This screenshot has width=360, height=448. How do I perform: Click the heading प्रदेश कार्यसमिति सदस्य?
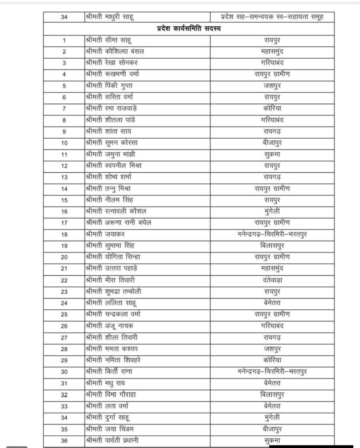point(189,29)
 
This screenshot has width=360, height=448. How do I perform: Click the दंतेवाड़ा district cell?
point(272,280)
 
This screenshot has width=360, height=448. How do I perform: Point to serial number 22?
point(64,280)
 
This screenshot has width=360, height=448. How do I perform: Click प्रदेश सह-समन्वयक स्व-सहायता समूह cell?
point(272,17)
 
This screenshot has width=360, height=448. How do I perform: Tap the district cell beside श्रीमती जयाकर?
point(272,234)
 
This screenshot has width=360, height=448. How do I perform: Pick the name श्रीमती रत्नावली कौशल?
point(113,211)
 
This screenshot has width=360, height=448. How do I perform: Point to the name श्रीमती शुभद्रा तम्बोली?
point(113,291)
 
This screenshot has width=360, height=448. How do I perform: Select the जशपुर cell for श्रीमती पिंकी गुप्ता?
point(272,86)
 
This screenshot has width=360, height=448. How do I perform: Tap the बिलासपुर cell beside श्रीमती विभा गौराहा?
point(272,394)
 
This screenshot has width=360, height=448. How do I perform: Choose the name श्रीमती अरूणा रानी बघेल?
point(118,223)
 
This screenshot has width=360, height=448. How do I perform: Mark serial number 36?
point(64,440)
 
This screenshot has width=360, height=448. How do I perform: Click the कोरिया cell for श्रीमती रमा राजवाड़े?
point(272,108)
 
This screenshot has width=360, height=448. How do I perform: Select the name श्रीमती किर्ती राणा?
point(108,371)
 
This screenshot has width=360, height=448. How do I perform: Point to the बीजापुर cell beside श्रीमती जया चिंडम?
point(272,428)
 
